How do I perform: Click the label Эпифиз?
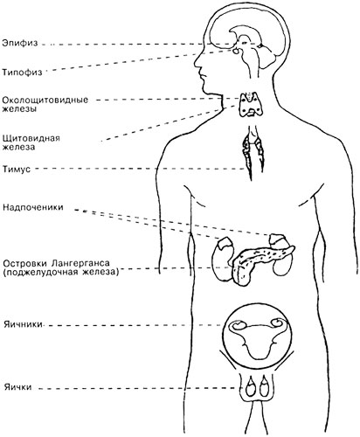pos(20,43)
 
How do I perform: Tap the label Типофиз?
pos(22,72)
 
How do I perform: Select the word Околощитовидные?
pos(45,100)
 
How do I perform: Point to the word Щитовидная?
pos(31,137)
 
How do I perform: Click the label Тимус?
pos(17,169)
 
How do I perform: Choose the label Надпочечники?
pos(33,207)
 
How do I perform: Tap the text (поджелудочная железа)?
pos(60,273)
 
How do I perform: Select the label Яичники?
pos(23,324)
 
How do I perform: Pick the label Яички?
pos(17,387)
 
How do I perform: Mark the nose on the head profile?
pos(198,62)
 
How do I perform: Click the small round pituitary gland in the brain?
pos(236,52)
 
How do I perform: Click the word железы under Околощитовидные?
pos(19,109)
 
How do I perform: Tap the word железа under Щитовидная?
pos(18,147)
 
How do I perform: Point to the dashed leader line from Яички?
pos(137,388)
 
